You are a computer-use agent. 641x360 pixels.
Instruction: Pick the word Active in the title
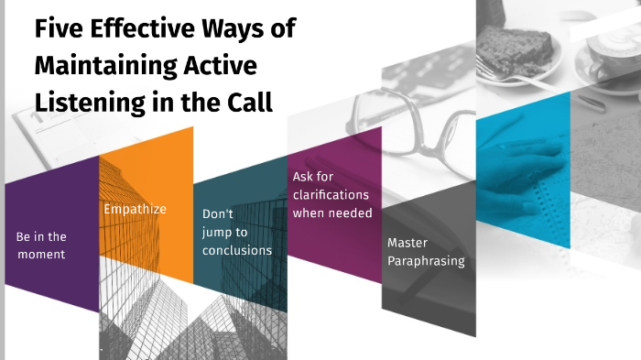(219, 66)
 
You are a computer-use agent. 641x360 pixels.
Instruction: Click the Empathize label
(135, 209)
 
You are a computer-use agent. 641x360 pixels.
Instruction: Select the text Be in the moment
(42, 245)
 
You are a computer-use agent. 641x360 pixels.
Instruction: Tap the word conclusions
(237, 250)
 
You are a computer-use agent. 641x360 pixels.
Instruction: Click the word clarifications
(331, 195)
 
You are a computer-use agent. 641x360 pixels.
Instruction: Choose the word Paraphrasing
(426, 261)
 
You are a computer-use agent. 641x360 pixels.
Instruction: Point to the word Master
(407, 244)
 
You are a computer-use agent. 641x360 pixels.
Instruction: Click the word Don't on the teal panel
(217, 213)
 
